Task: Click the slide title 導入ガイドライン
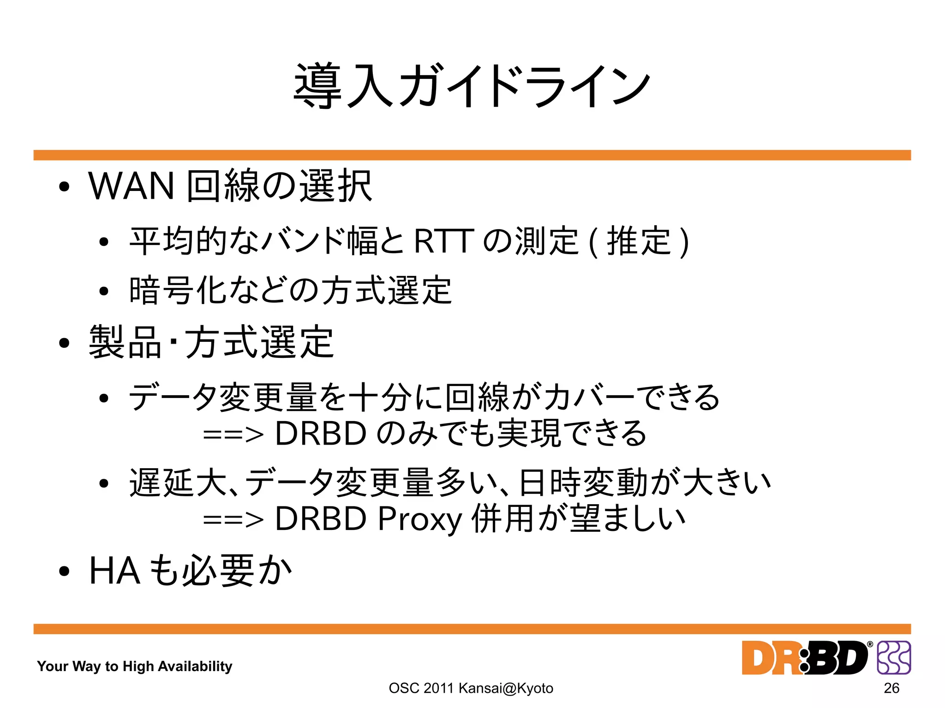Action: click(x=472, y=86)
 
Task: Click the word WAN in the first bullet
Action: click(x=132, y=186)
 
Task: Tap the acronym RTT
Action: click(x=443, y=241)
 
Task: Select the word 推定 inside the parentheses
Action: click(x=639, y=241)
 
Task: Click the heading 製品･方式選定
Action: click(x=211, y=342)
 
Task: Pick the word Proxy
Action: click(x=419, y=519)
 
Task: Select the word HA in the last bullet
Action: click(x=114, y=571)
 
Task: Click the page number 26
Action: click(x=891, y=688)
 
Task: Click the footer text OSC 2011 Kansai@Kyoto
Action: click(x=471, y=688)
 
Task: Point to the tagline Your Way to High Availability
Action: click(x=134, y=666)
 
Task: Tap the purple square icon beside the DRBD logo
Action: click(x=894, y=658)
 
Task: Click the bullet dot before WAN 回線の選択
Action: click(x=64, y=187)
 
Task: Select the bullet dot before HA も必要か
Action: click(x=64, y=571)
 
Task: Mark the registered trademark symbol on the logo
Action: click(x=870, y=644)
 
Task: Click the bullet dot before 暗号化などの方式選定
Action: click(x=104, y=291)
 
